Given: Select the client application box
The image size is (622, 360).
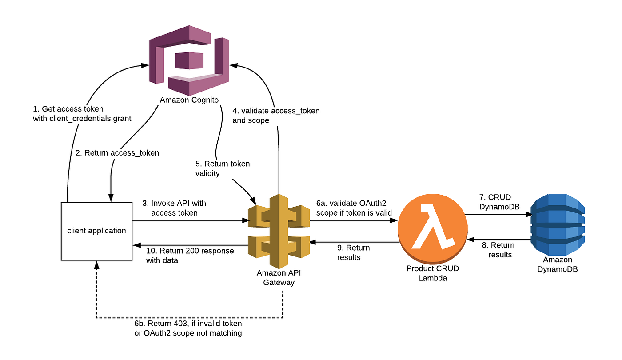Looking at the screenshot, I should [x=96, y=231].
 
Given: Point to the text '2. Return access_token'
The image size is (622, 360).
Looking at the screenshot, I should [x=117, y=152].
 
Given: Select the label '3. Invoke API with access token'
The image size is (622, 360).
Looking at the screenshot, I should [x=175, y=208].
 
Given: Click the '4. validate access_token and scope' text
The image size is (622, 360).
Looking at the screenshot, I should [x=276, y=116].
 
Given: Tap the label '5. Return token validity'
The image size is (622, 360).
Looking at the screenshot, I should [x=223, y=168].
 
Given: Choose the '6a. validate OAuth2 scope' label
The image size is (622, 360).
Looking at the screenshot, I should [x=354, y=208].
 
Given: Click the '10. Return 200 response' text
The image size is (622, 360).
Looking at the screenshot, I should [x=190, y=256].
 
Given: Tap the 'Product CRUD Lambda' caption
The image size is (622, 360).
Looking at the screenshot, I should [x=432, y=273].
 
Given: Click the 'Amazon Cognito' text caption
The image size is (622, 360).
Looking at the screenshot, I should [x=189, y=100].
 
